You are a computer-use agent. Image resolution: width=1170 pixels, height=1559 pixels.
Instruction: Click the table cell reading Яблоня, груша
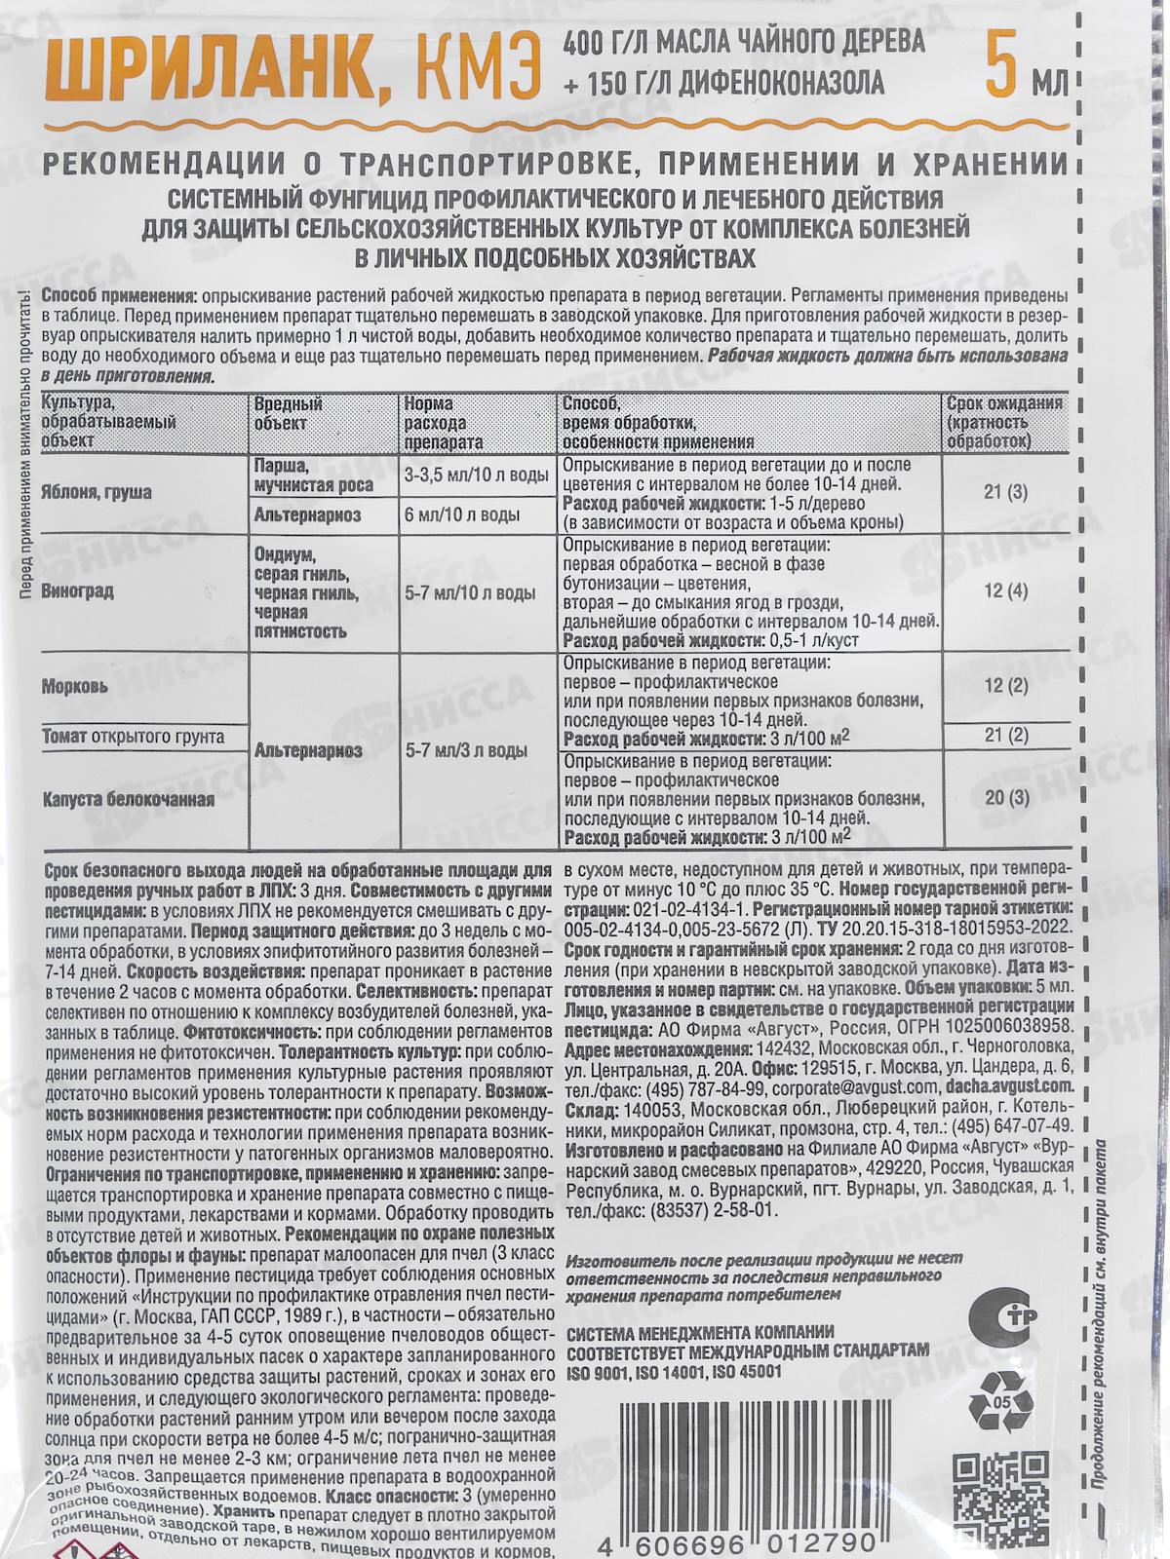pos(96,493)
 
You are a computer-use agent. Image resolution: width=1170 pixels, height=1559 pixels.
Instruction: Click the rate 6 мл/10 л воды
pos(469,514)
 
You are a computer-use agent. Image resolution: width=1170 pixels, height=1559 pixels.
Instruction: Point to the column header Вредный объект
pos(289,413)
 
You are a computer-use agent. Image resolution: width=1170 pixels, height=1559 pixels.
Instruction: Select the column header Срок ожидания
pos(1004,405)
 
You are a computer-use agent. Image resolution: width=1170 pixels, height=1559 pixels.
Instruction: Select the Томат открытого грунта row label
pos(133,737)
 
